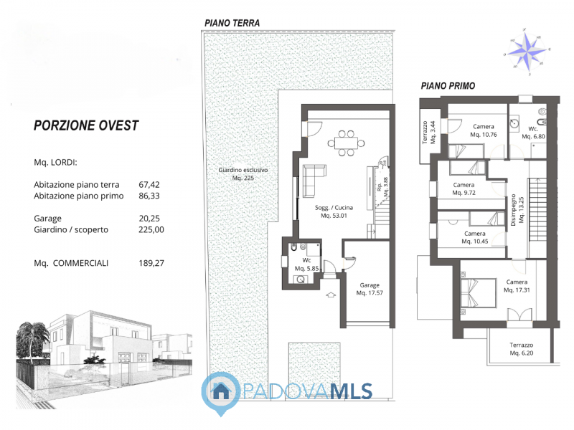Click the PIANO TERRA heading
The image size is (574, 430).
pyautogui.click(x=232, y=23)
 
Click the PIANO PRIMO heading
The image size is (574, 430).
pyautogui.click(x=448, y=85)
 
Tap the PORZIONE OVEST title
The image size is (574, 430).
pyautogui.click(x=86, y=125)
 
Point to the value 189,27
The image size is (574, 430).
pyautogui.click(x=151, y=263)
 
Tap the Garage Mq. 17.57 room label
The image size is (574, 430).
pyautogui.click(x=370, y=289)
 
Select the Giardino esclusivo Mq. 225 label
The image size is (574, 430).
pyautogui.click(x=243, y=173)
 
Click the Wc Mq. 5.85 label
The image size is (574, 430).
pyautogui.click(x=306, y=264)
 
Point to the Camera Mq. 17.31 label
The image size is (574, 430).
pyautogui.click(x=517, y=286)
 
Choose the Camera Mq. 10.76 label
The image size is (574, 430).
pyautogui.click(x=483, y=130)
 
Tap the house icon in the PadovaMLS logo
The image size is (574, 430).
pyautogui.click(x=221, y=391)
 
